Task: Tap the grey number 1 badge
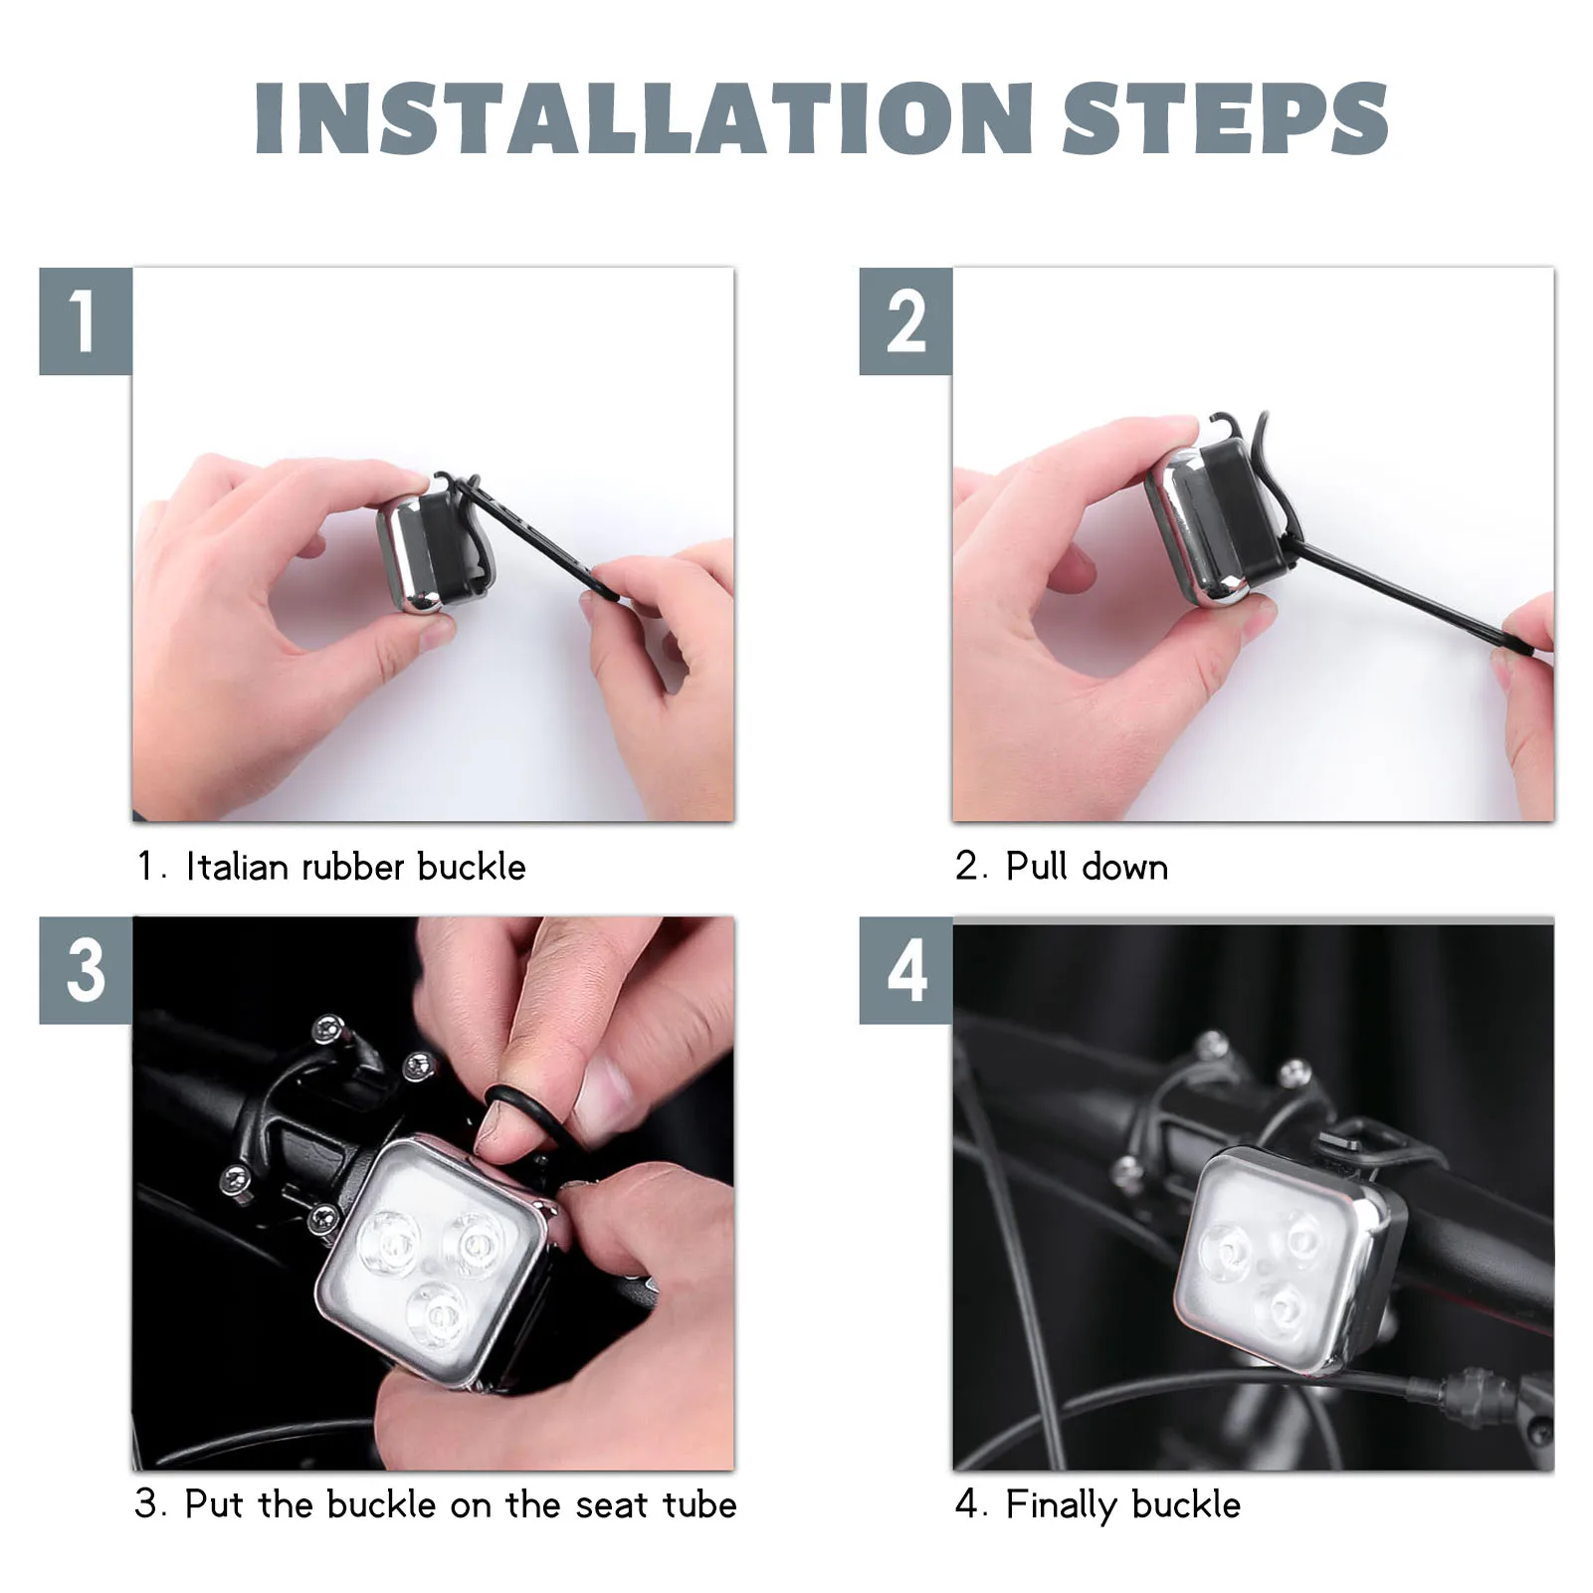(x=86, y=321)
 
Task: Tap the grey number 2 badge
(x=905, y=321)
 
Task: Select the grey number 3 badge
(x=86, y=970)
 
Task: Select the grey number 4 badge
(x=905, y=970)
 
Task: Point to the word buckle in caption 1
(x=472, y=867)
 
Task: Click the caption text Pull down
(x=1087, y=867)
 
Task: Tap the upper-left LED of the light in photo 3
(x=391, y=1246)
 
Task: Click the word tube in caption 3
(x=697, y=1504)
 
